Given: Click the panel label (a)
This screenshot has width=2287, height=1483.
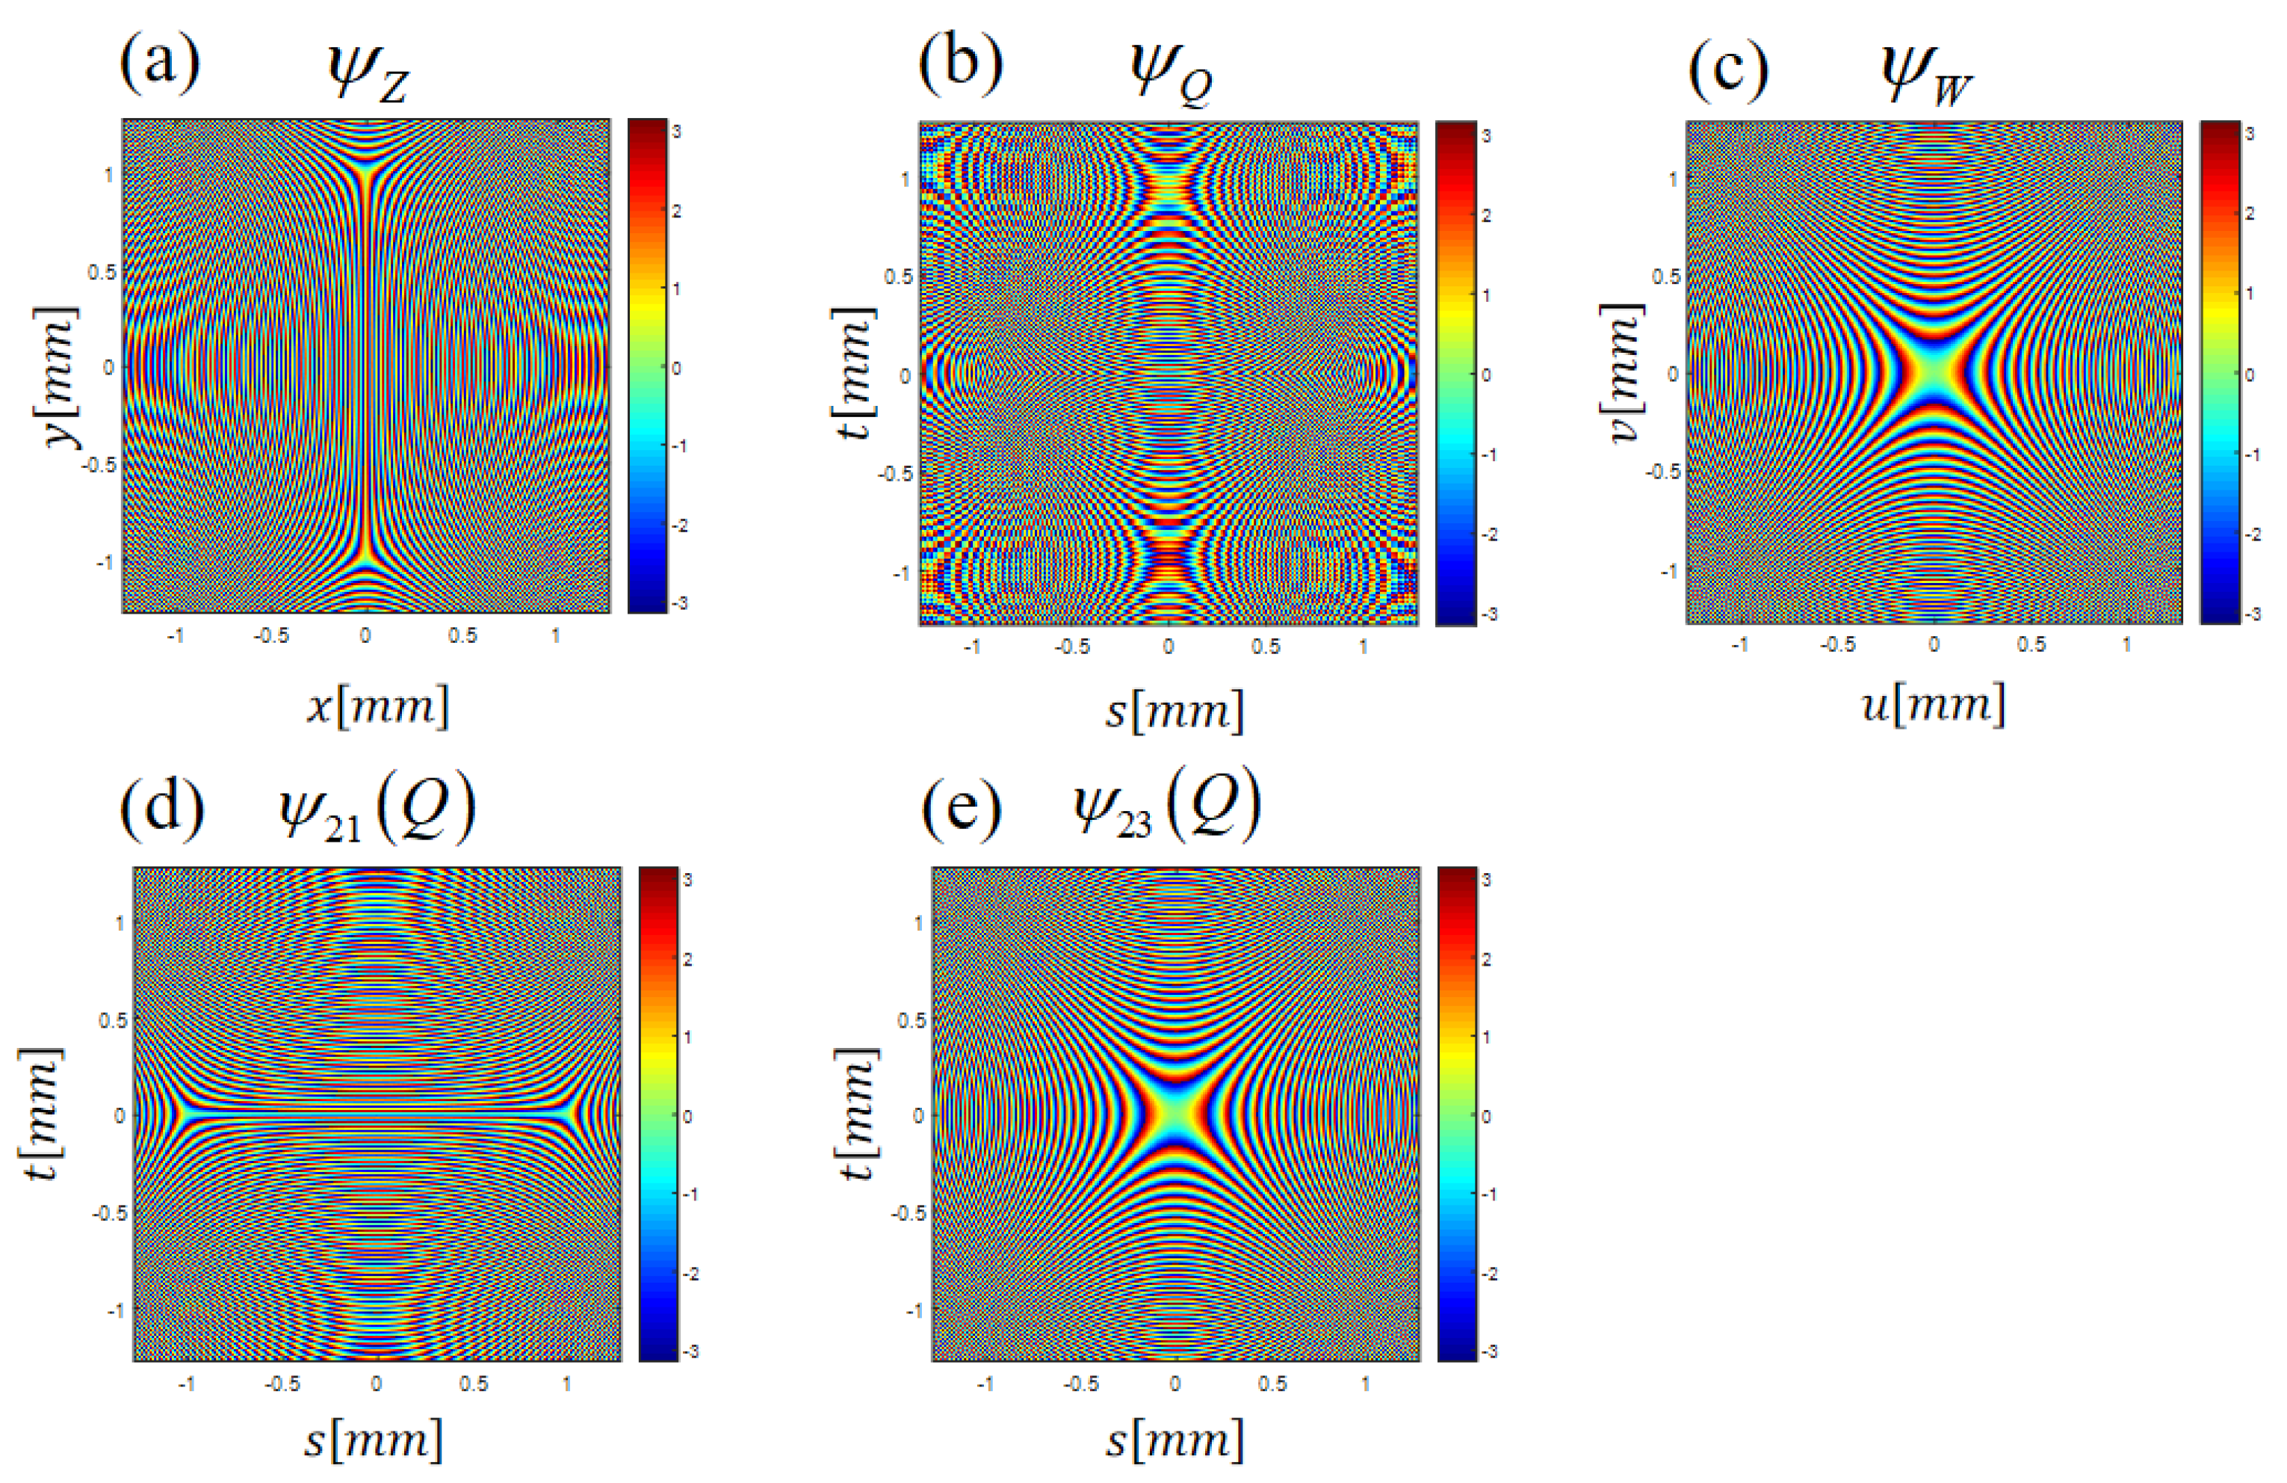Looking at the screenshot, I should (159, 65).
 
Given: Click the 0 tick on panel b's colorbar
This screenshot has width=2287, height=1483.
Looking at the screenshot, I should (1487, 374).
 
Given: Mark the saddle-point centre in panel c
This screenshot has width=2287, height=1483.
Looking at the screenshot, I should (1934, 373).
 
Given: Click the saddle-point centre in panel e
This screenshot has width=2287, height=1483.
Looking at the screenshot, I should (1175, 1115).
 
